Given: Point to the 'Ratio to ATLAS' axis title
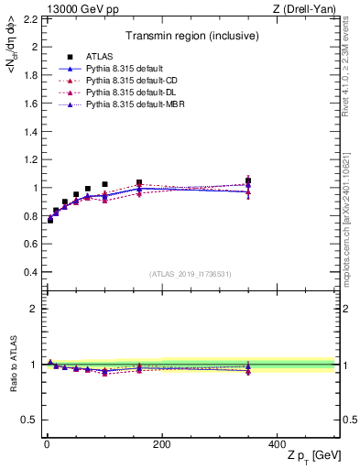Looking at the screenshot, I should click(x=11, y=364).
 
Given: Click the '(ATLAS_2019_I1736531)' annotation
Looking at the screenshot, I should click(x=190, y=274).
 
